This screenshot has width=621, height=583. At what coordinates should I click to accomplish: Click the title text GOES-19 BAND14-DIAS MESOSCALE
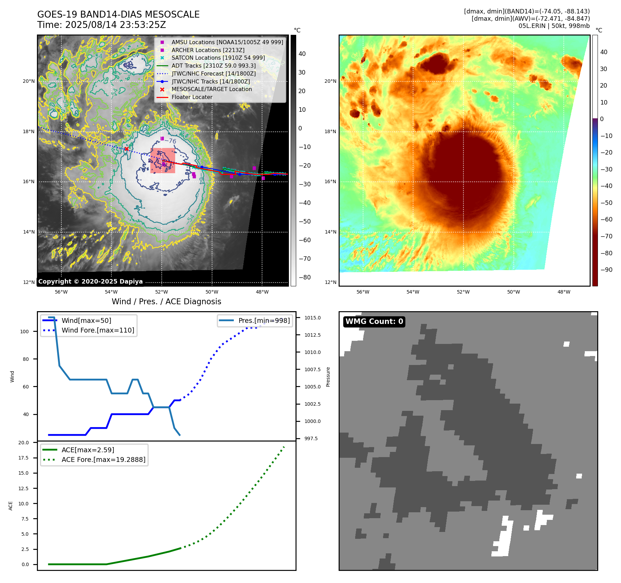(x=118, y=14)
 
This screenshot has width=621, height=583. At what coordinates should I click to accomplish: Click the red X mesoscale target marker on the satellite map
(x=127, y=149)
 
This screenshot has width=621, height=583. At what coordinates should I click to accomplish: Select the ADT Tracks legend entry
(x=213, y=66)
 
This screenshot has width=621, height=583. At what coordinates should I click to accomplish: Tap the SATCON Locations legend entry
(x=218, y=58)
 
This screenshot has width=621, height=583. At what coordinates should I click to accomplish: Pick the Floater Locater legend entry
(x=192, y=97)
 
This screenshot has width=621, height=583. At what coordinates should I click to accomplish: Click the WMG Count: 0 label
(x=374, y=322)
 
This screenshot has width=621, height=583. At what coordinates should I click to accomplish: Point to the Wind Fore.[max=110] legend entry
(x=98, y=330)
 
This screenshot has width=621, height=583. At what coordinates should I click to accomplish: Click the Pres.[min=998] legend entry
(x=264, y=320)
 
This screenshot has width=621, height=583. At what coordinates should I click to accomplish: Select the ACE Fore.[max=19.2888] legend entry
(x=103, y=460)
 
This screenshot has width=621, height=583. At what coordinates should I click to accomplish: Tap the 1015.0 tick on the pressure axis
(x=312, y=318)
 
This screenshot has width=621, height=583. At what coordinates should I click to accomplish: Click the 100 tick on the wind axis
(x=24, y=332)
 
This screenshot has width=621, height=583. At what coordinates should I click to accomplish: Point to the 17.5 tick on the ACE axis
(x=23, y=458)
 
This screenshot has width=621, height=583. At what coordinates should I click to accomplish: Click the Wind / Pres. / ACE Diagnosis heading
(x=166, y=302)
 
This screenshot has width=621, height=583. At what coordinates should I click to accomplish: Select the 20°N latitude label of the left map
(x=29, y=81)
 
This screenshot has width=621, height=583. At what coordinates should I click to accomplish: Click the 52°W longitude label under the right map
(x=463, y=292)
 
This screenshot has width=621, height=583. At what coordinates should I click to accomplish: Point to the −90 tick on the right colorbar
(x=606, y=270)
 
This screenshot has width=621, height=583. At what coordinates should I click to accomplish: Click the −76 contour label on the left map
(x=170, y=141)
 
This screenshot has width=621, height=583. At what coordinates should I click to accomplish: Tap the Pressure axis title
(x=328, y=377)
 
